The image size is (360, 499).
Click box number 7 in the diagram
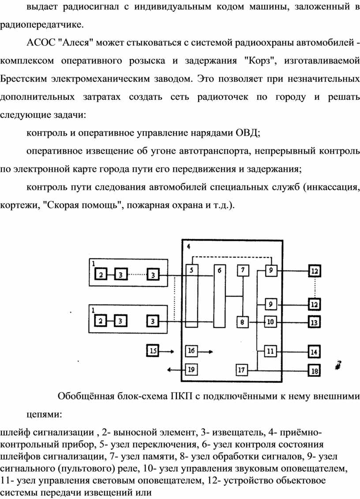click(243, 270)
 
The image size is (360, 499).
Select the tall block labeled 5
click(191, 295)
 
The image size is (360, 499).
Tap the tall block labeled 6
click(219, 295)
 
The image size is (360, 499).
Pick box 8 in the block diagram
click(242, 322)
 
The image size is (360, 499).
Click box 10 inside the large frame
click(270, 322)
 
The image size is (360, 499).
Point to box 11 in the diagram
click(270, 352)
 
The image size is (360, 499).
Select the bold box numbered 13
click(314, 322)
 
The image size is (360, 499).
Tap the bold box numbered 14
click(314, 352)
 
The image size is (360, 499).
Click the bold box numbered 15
click(153, 351)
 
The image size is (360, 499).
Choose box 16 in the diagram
click(191, 351)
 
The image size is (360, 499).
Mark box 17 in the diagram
click(242, 370)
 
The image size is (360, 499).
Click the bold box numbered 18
click(314, 371)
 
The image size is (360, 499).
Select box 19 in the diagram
click(191, 370)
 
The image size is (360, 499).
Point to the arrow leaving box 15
click(166, 352)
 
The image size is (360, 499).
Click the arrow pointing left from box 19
click(176, 370)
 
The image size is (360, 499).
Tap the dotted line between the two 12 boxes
click(315, 288)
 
